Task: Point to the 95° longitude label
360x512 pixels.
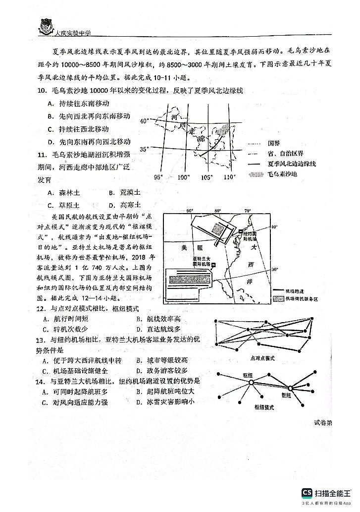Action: [157, 177]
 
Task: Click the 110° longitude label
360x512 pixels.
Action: [229, 177]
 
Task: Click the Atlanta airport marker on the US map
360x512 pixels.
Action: [214, 266]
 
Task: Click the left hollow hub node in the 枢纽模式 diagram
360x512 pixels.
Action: [251, 383]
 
